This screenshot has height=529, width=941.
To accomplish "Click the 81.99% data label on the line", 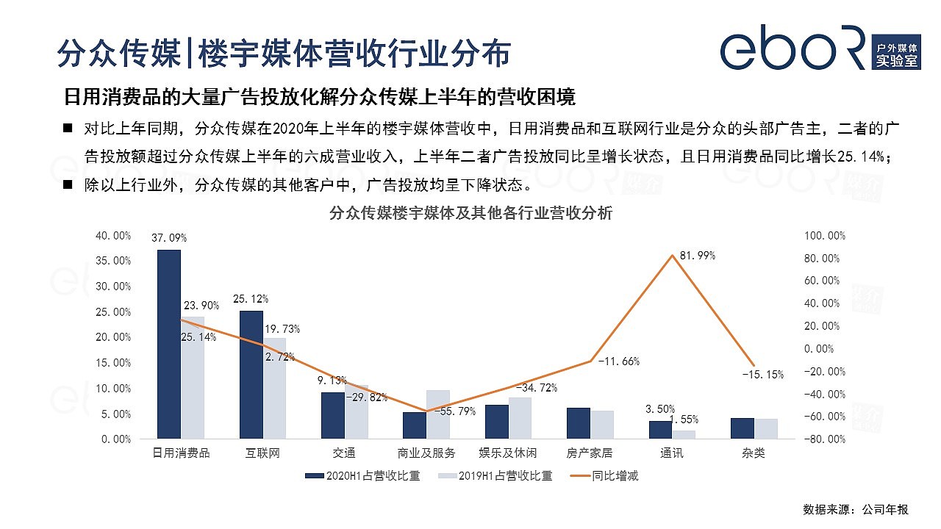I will tap(698, 256).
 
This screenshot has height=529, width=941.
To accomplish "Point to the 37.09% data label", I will tap(169, 238).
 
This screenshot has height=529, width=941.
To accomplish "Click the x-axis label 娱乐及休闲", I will tap(509, 453).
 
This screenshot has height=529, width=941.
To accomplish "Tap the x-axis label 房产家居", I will tap(590, 453).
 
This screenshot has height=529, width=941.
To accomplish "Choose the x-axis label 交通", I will tap(345, 453).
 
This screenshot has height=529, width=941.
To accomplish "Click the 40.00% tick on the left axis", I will tap(113, 236).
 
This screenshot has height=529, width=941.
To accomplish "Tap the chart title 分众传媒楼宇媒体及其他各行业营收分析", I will tap(470, 214).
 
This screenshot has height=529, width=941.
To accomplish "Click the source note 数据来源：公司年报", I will tap(856, 510).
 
